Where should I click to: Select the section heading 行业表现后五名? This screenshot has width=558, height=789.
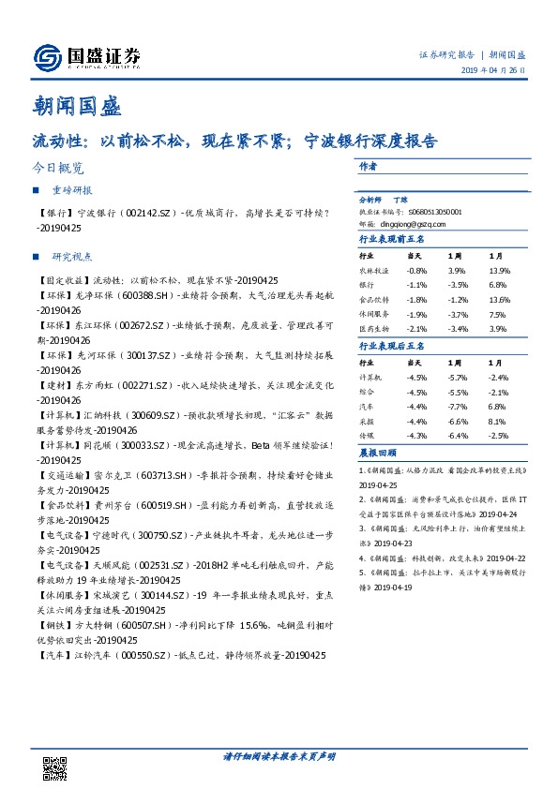coord(388,347)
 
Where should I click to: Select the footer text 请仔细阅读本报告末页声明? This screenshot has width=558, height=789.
coord(279,755)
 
